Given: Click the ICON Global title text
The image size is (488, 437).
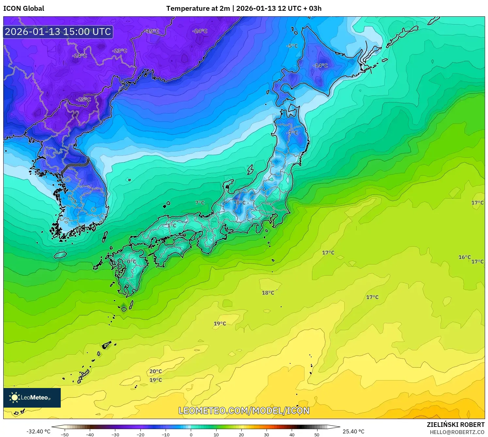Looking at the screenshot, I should (24, 8).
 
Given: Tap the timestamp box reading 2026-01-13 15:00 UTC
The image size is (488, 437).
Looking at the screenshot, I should (58, 32).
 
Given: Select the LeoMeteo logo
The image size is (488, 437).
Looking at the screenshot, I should (32, 397).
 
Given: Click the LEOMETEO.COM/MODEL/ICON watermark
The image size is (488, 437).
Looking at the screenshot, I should (244, 411).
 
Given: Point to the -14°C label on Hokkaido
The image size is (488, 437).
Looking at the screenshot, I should (320, 66).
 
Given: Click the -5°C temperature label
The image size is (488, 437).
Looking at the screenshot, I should (292, 46).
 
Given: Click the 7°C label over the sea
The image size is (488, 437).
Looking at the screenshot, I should (200, 203).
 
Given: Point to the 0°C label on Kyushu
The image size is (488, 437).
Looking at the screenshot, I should (132, 262).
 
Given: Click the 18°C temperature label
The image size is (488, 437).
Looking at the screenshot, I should (268, 293).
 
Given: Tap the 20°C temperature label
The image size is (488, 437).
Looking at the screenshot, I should (155, 371).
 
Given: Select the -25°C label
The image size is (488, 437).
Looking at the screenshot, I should (83, 99).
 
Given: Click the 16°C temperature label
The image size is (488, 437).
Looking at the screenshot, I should (464, 257).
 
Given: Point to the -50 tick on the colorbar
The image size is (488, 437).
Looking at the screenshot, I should (65, 435).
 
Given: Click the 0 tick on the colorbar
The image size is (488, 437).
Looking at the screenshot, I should (191, 435).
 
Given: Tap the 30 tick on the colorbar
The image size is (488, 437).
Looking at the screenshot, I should (267, 435).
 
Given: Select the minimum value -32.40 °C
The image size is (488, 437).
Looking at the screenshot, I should (38, 431).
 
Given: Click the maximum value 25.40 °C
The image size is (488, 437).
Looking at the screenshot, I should (353, 431).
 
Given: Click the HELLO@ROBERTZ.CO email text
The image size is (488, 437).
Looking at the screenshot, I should (457, 432).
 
